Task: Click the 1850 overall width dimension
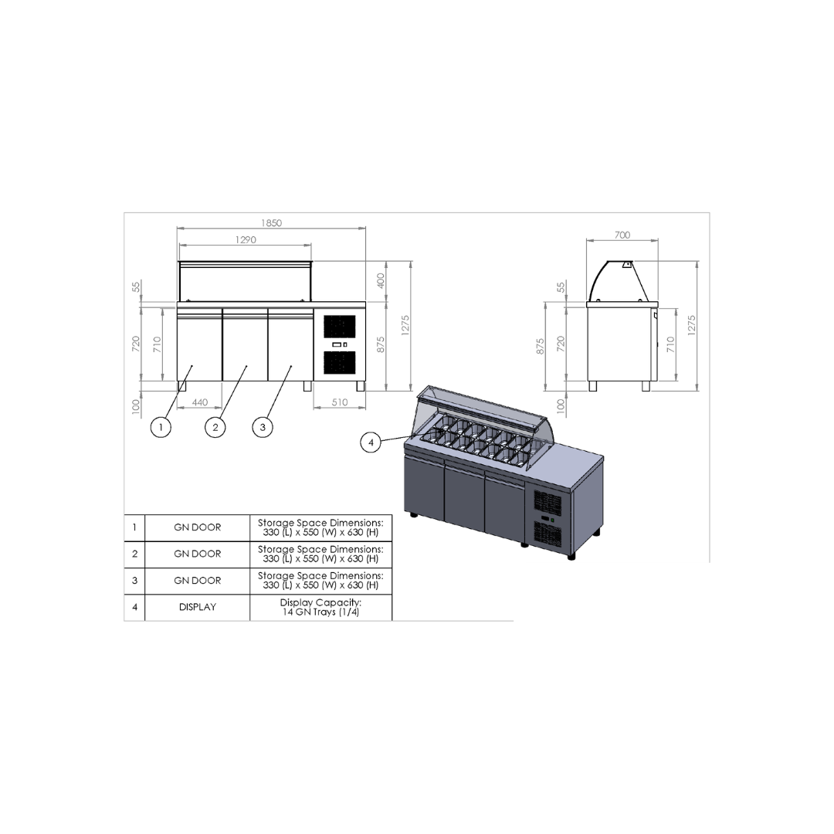271,223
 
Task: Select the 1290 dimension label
246,240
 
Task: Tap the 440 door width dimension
199,402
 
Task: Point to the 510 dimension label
339,402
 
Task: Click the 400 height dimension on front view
381,281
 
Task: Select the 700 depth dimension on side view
622,235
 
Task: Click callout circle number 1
161,426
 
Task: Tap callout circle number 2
215,426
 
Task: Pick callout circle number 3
263,426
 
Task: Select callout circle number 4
371,442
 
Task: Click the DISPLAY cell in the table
197,607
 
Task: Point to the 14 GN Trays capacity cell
320,607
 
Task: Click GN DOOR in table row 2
197,554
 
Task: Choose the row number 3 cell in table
134,580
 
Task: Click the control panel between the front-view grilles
340,344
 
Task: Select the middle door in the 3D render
464,498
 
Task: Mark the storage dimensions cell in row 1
320,527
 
